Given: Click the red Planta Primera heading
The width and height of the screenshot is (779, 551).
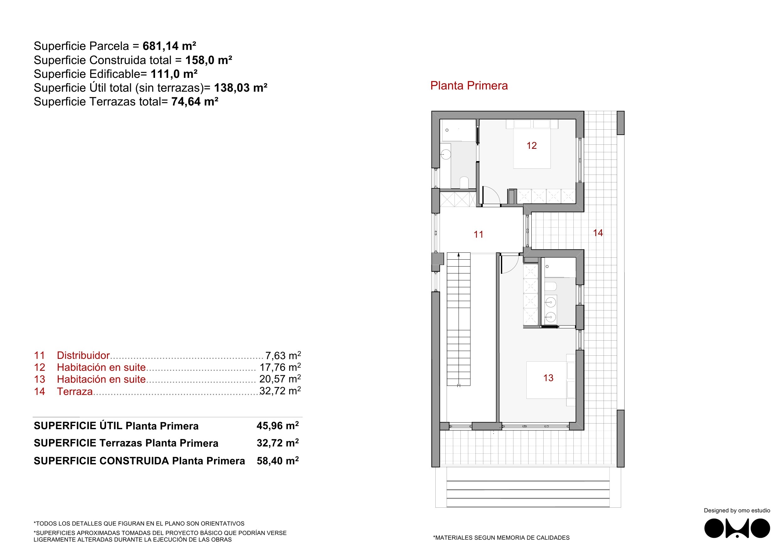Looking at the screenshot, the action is tap(469, 85).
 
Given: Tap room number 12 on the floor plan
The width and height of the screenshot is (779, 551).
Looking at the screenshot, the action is tap(532, 146).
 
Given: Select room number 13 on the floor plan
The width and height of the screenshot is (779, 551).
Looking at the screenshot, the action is tap(548, 378).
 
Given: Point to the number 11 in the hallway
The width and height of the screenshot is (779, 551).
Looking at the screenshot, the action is tap(478, 234).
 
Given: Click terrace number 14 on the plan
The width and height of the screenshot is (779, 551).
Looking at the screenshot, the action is tap(598, 233).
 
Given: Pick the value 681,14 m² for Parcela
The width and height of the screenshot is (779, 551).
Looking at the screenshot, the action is tap(169, 46).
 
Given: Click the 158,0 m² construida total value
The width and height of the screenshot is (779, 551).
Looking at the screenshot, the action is tap(209, 60).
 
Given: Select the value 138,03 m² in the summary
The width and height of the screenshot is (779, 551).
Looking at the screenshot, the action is tap(240, 88).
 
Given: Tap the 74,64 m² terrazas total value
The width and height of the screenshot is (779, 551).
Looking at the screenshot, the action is tap(195, 101).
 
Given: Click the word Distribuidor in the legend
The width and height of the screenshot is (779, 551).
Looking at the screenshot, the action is tap(83, 355).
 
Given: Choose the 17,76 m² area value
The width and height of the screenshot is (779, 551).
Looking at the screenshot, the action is tap(280, 367).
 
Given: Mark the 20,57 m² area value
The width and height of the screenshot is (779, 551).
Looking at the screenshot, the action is tap(280, 379).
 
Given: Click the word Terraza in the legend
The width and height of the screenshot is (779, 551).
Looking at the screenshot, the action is tap(75, 391).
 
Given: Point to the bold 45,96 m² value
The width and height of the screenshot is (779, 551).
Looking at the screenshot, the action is tap(277, 425).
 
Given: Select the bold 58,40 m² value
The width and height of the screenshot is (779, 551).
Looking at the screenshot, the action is tap(277, 461).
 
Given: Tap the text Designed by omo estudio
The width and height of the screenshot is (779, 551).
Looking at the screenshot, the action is tap(737, 510).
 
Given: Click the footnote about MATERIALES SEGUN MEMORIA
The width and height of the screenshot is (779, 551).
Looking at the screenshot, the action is tap(501, 537).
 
